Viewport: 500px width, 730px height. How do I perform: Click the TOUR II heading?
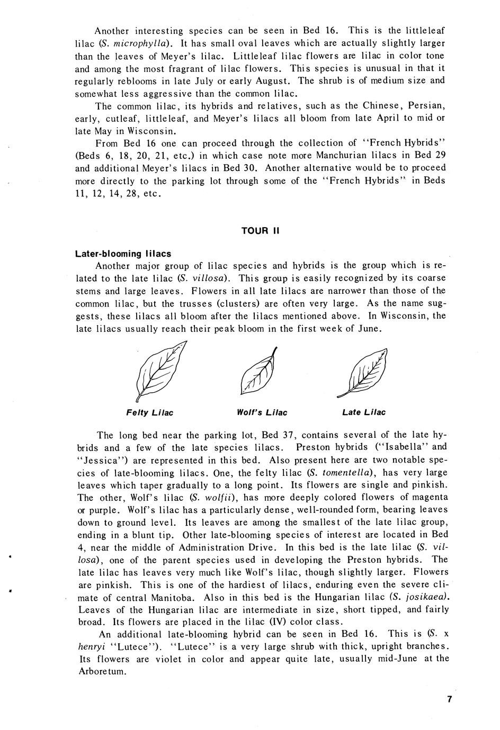tap(260, 231)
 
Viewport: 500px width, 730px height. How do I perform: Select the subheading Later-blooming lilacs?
tap(123, 254)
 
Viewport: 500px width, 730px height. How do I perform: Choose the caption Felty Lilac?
tap(150, 412)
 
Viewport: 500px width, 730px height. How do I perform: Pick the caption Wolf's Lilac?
tap(262, 412)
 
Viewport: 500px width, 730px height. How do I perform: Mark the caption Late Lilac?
tap(364, 412)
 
